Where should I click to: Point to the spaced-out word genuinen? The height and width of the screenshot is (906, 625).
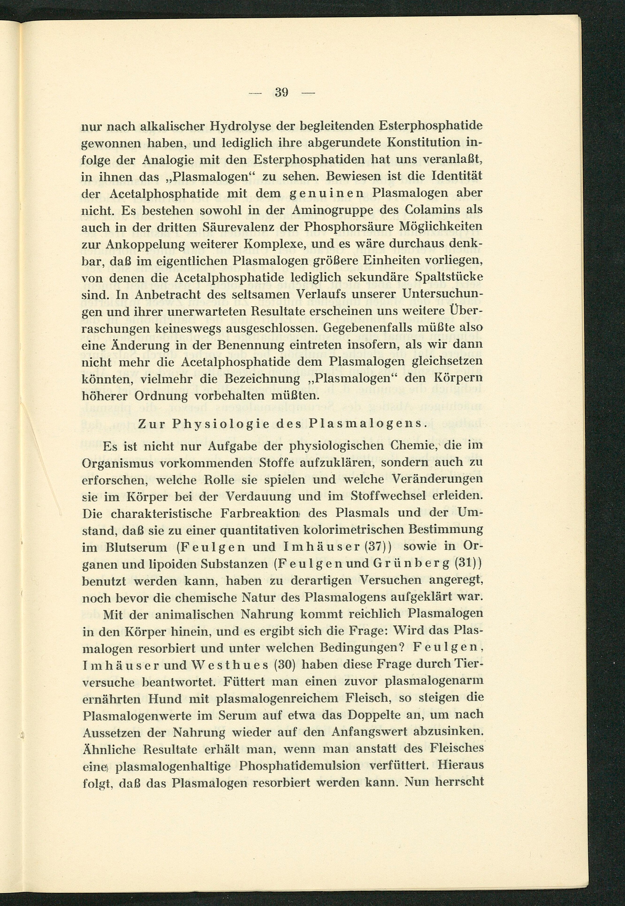point(319,193)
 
